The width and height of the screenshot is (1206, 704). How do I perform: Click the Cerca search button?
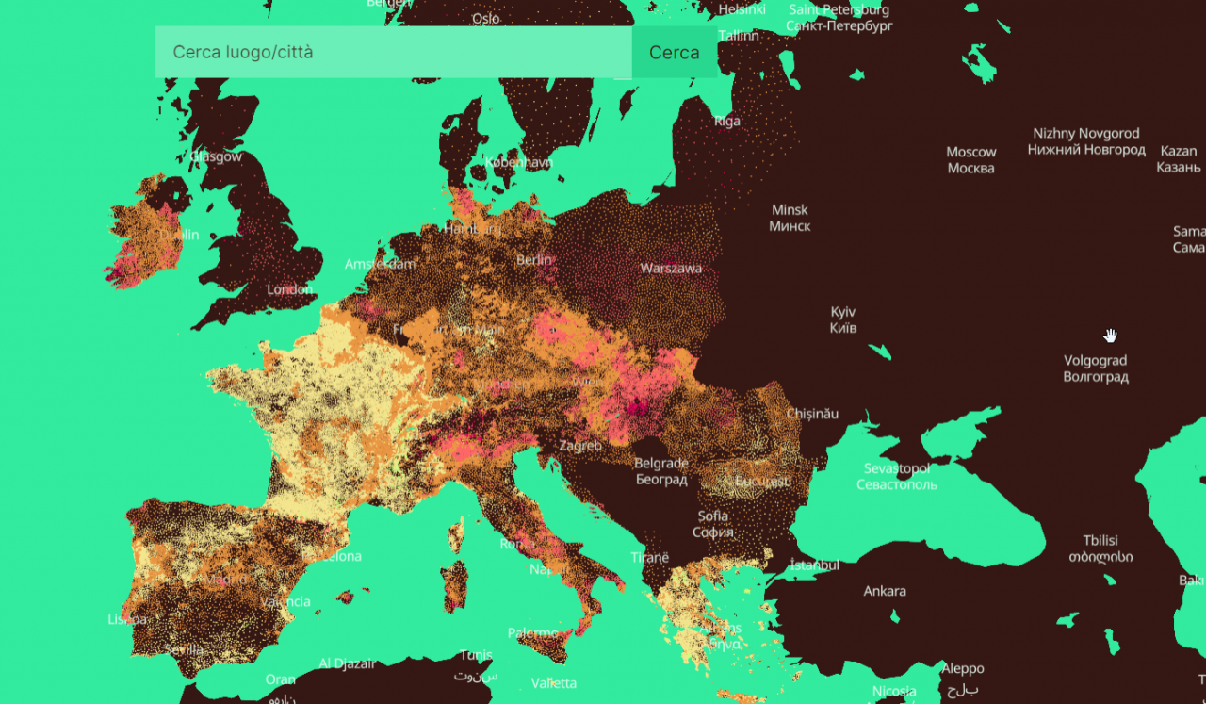(x=674, y=53)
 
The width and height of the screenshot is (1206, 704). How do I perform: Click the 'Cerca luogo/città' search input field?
(x=393, y=53)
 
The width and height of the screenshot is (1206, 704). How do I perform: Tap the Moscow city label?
(x=970, y=160)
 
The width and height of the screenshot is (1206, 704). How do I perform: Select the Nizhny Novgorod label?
(x=1085, y=141)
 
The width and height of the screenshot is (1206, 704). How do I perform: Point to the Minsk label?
(x=790, y=218)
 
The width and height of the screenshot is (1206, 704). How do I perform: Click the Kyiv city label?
(x=842, y=319)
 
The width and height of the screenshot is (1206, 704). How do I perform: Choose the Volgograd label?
(x=1095, y=368)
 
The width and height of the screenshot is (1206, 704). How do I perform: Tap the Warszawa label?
(x=671, y=269)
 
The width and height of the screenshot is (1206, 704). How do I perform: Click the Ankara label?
(x=885, y=591)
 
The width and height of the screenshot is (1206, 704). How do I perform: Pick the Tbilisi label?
(x=1100, y=548)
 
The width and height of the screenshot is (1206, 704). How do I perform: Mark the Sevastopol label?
(x=896, y=477)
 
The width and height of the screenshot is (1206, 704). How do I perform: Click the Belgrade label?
(x=660, y=471)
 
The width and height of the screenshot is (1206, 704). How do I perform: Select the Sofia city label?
(x=712, y=524)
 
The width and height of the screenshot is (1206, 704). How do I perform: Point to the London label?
(x=290, y=289)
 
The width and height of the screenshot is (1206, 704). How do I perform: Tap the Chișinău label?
(x=811, y=414)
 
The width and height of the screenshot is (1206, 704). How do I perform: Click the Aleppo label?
(x=962, y=676)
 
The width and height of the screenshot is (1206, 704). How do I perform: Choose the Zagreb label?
(x=579, y=446)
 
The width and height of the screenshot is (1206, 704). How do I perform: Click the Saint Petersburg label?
(x=839, y=18)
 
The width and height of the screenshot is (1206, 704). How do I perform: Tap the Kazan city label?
(x=1178, y=159)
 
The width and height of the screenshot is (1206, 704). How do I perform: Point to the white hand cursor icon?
(x=1111, y=336)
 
